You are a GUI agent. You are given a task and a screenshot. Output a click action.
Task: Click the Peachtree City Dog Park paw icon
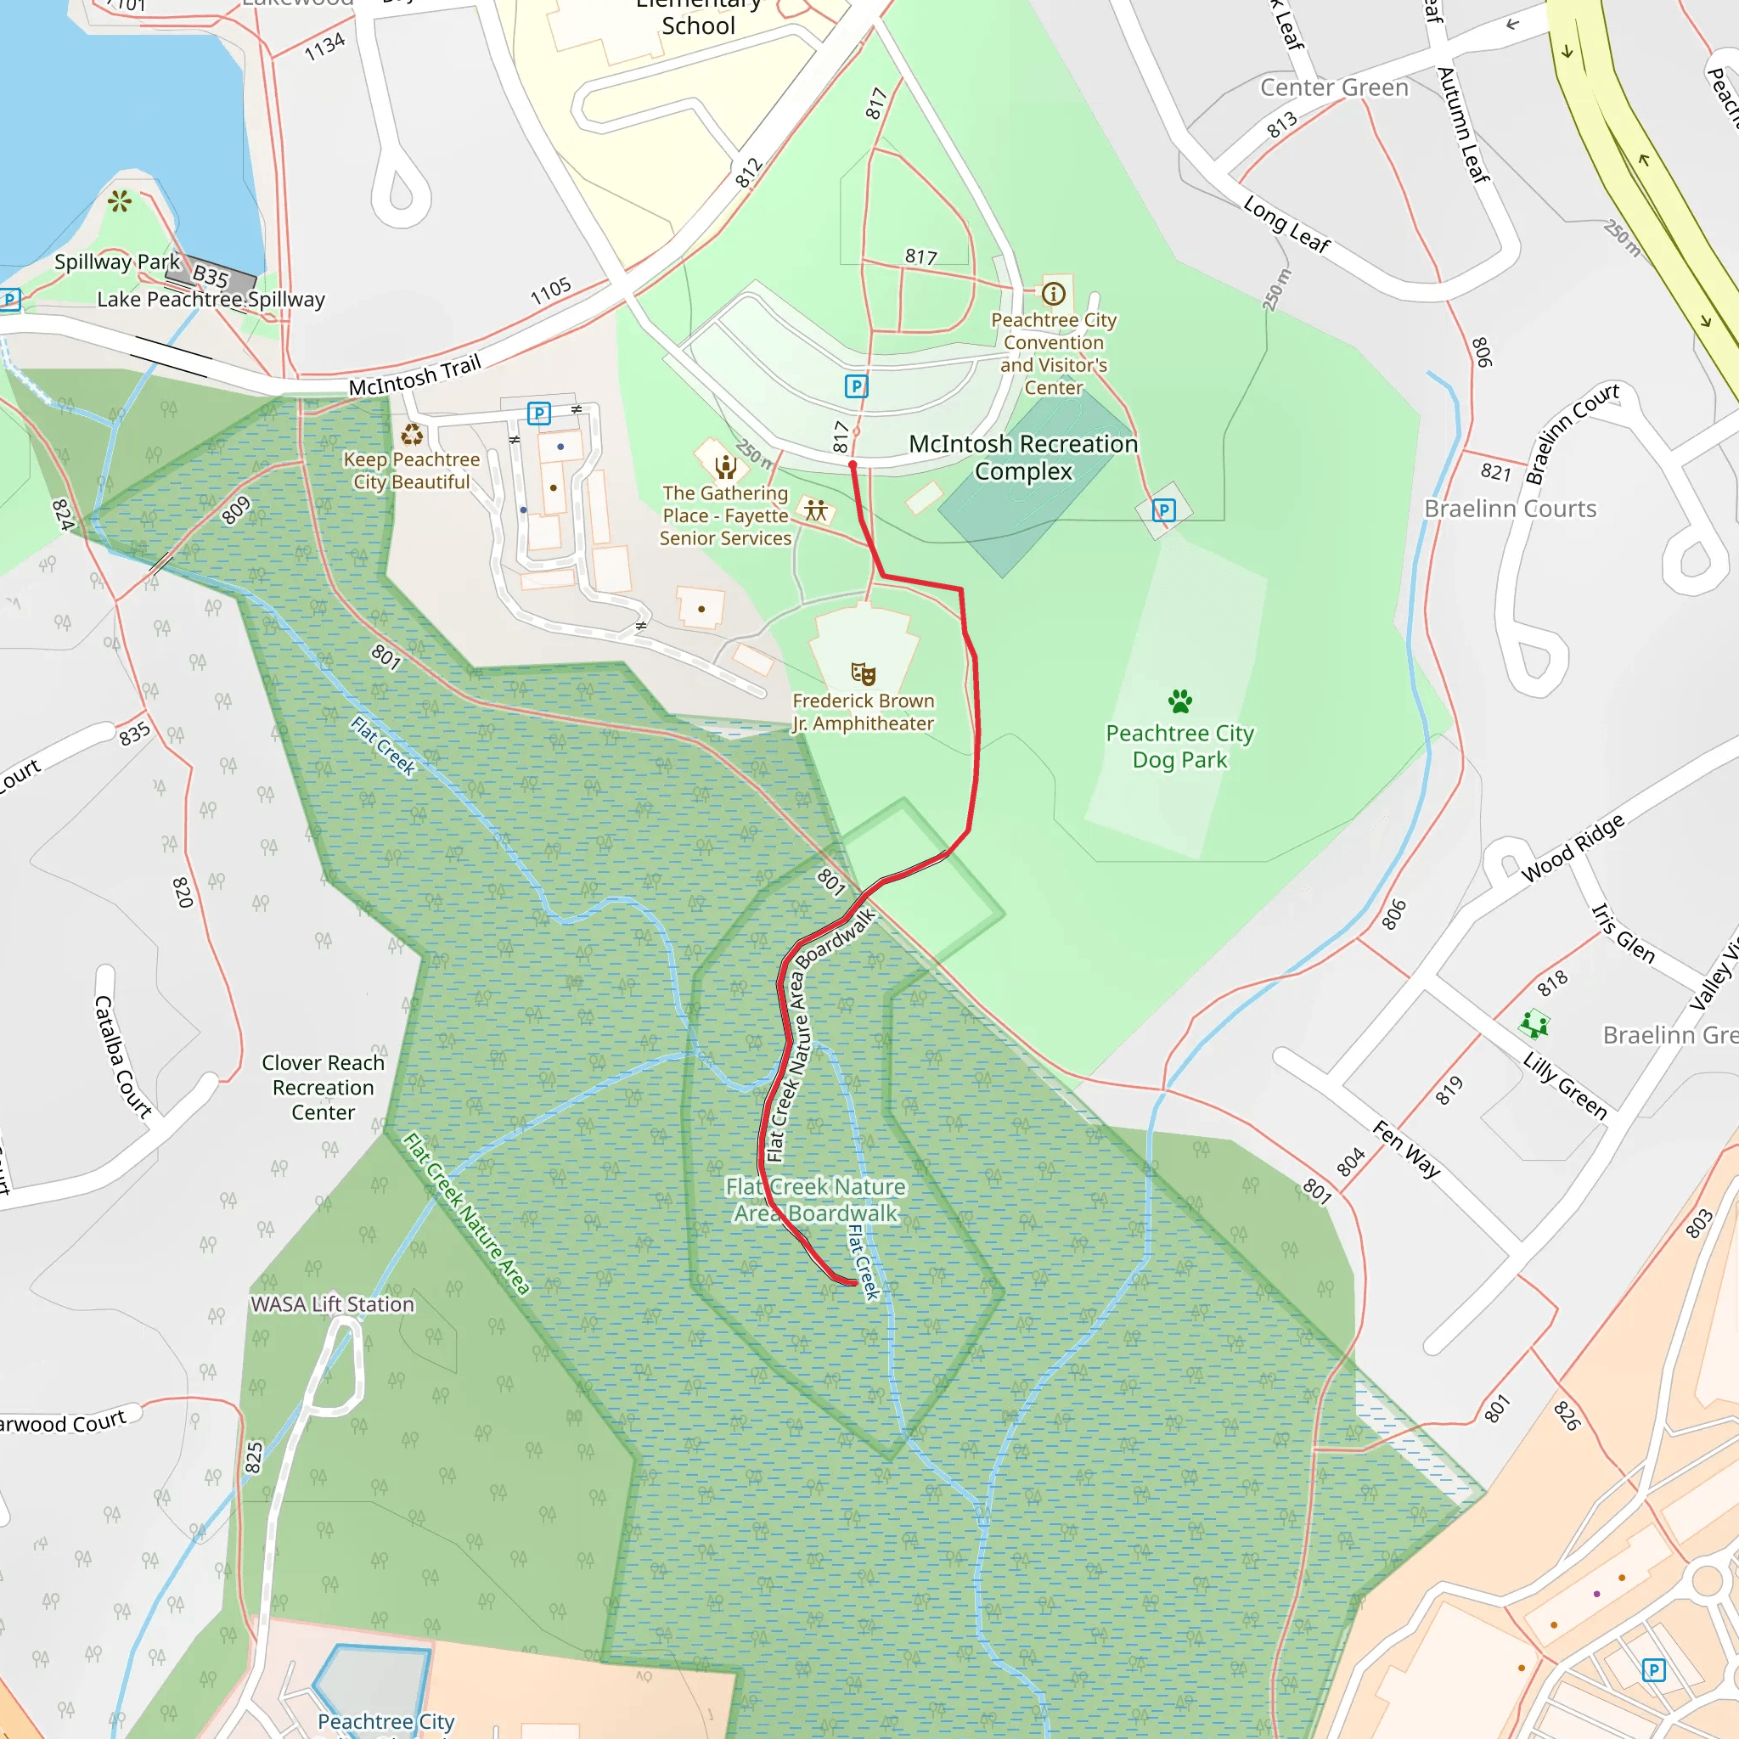pos(1179,701)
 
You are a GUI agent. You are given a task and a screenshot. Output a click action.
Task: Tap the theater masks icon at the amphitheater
pos(863,673)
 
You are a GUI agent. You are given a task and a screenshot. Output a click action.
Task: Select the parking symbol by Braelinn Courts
pos(1163,510)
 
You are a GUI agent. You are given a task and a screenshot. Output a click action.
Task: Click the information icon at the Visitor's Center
pos(1053,294)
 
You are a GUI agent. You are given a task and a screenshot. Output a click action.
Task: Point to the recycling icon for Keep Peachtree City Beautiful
pos(411,435)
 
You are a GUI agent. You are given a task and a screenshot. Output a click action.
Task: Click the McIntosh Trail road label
pos(415,375)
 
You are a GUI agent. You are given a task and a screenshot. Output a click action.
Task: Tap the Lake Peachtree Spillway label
pos(211,300)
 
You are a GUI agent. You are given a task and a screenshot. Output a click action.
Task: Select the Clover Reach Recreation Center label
pos(324,1088)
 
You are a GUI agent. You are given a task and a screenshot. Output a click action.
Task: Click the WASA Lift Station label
pos(332,1304)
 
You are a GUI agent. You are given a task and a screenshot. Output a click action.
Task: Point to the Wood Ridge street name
pos(1573,849)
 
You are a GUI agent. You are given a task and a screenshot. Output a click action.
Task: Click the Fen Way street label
pos(1406,1150)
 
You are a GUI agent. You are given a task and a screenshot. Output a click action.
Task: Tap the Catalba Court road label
pos(122,1055)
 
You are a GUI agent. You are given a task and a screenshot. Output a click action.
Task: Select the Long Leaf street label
pos(1286,224)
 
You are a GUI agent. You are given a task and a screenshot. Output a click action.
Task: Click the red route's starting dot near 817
pos(853,464)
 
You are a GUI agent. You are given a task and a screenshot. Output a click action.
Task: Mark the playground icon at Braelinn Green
pos(1534,1024)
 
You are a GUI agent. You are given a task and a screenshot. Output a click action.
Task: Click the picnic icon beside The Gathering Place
pos(815,510)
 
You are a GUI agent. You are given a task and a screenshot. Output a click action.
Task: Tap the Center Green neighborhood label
pos(1334,88)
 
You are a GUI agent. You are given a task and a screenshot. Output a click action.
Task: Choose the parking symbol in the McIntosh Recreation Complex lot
pos(856,386)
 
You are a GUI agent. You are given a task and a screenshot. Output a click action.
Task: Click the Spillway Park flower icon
pos(120,200)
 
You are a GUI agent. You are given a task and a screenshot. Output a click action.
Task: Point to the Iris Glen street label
pos(1623,934)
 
